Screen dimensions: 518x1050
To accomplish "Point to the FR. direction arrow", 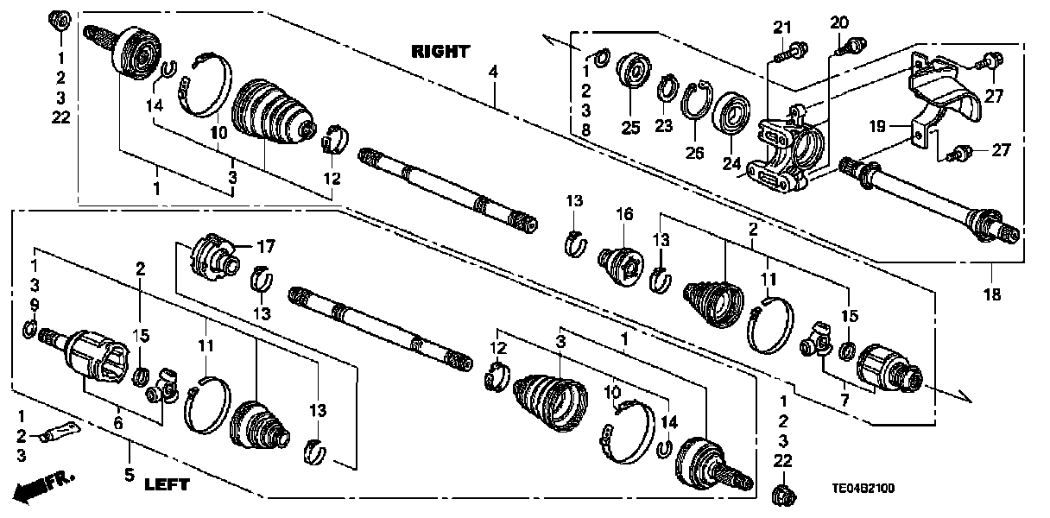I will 47,486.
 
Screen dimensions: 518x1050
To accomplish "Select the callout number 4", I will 493,73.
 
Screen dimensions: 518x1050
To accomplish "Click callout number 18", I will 991,294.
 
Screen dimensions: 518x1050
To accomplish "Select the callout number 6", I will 117,423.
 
